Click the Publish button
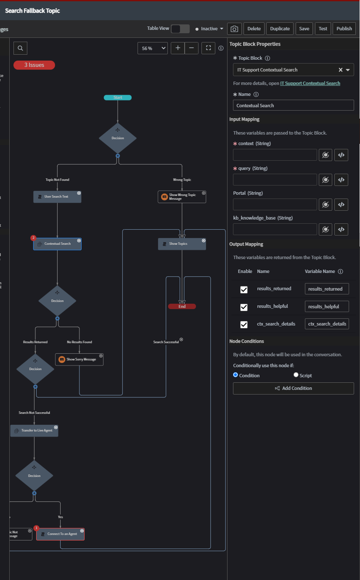[x=344, y=29]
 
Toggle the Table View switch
[x=180, y=29]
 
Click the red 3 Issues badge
[x=34, y=65]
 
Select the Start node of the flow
[x=118, y=98]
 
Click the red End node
[x=182, y=307]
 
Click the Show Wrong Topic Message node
[x=182, y=197]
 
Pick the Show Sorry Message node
[x=79, y=360]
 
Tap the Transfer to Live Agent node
[x=34, y=431]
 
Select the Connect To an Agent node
[x=60, y=534]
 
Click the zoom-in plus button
[x=177, y=48]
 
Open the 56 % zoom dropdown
[x=152, y=48]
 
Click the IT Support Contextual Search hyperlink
[x=310, y=83]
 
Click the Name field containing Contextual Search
[x=293, y=105]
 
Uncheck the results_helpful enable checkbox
[x=244, y=307]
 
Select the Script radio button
[x=296, y=375]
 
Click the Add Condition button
[x=293, y=388]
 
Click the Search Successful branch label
[x=166, y=342]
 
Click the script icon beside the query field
[x=341, y=180]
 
